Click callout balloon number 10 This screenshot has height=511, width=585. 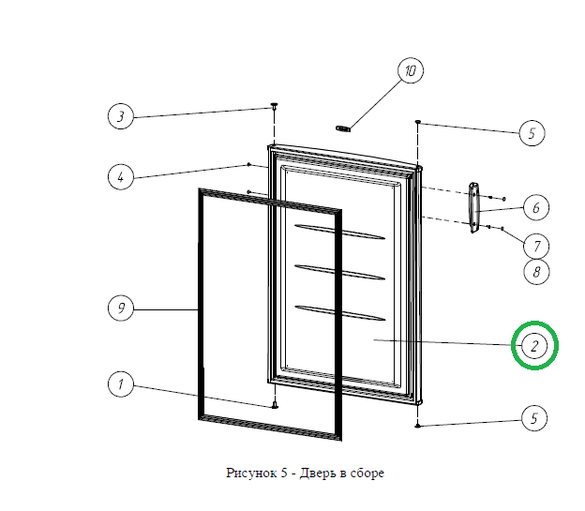click(411, 70)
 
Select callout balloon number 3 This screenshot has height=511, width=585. click(121, 116)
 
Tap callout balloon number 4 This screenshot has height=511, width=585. click(121, 176)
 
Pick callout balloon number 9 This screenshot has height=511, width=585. click(121, 308)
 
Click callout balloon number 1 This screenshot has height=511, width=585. click(121, 384)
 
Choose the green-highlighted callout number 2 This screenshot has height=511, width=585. click(534, 346)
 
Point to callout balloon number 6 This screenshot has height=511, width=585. click(536, 207)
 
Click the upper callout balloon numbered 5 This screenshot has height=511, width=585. click(532, 133)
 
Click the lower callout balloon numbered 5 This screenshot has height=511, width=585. click(534, 418)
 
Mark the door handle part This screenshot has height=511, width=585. click(473, 207)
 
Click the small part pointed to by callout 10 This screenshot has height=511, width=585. click(343, 128)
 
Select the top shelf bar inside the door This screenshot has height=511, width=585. click(339, 232)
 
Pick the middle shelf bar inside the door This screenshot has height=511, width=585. click(339, 272)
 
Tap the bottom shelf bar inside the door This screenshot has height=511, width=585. click(339, 313)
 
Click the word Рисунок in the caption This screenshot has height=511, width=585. click(251, 473)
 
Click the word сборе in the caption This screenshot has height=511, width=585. click(367, 473)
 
